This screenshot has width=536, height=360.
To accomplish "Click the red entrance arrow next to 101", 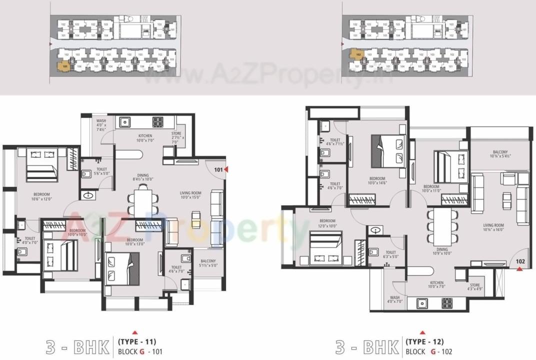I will tap(226, 169).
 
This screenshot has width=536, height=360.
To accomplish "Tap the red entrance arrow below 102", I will tap(519, 269).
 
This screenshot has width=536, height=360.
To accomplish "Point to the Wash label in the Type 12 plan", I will tap(394, 299).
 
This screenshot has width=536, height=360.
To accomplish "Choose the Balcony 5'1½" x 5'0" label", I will tap(208, 263).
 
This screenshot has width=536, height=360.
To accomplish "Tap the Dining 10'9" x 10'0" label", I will tap(442, 250).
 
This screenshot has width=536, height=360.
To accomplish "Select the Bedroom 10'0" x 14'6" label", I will tap(377, 181).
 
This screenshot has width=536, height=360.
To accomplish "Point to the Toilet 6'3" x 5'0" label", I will tap(390, 255).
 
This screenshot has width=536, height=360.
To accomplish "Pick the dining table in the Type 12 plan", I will tap(442, 224).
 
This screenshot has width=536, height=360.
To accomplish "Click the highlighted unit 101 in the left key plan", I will tap(64, 65).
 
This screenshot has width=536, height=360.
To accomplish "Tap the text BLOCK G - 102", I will tap(428, 351).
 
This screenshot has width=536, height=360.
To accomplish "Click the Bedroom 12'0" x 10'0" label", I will tap(327, 223).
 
